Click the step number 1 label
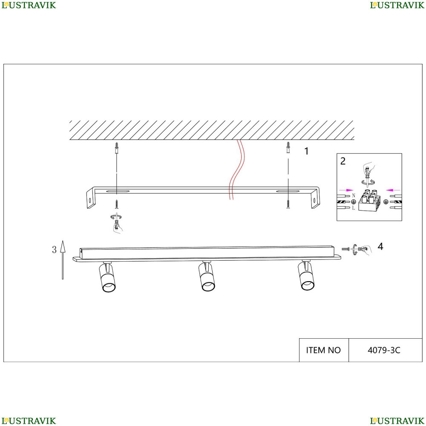306,151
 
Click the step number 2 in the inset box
343,161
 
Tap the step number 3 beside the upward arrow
55,250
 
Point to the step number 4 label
380,246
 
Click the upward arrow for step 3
63,260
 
